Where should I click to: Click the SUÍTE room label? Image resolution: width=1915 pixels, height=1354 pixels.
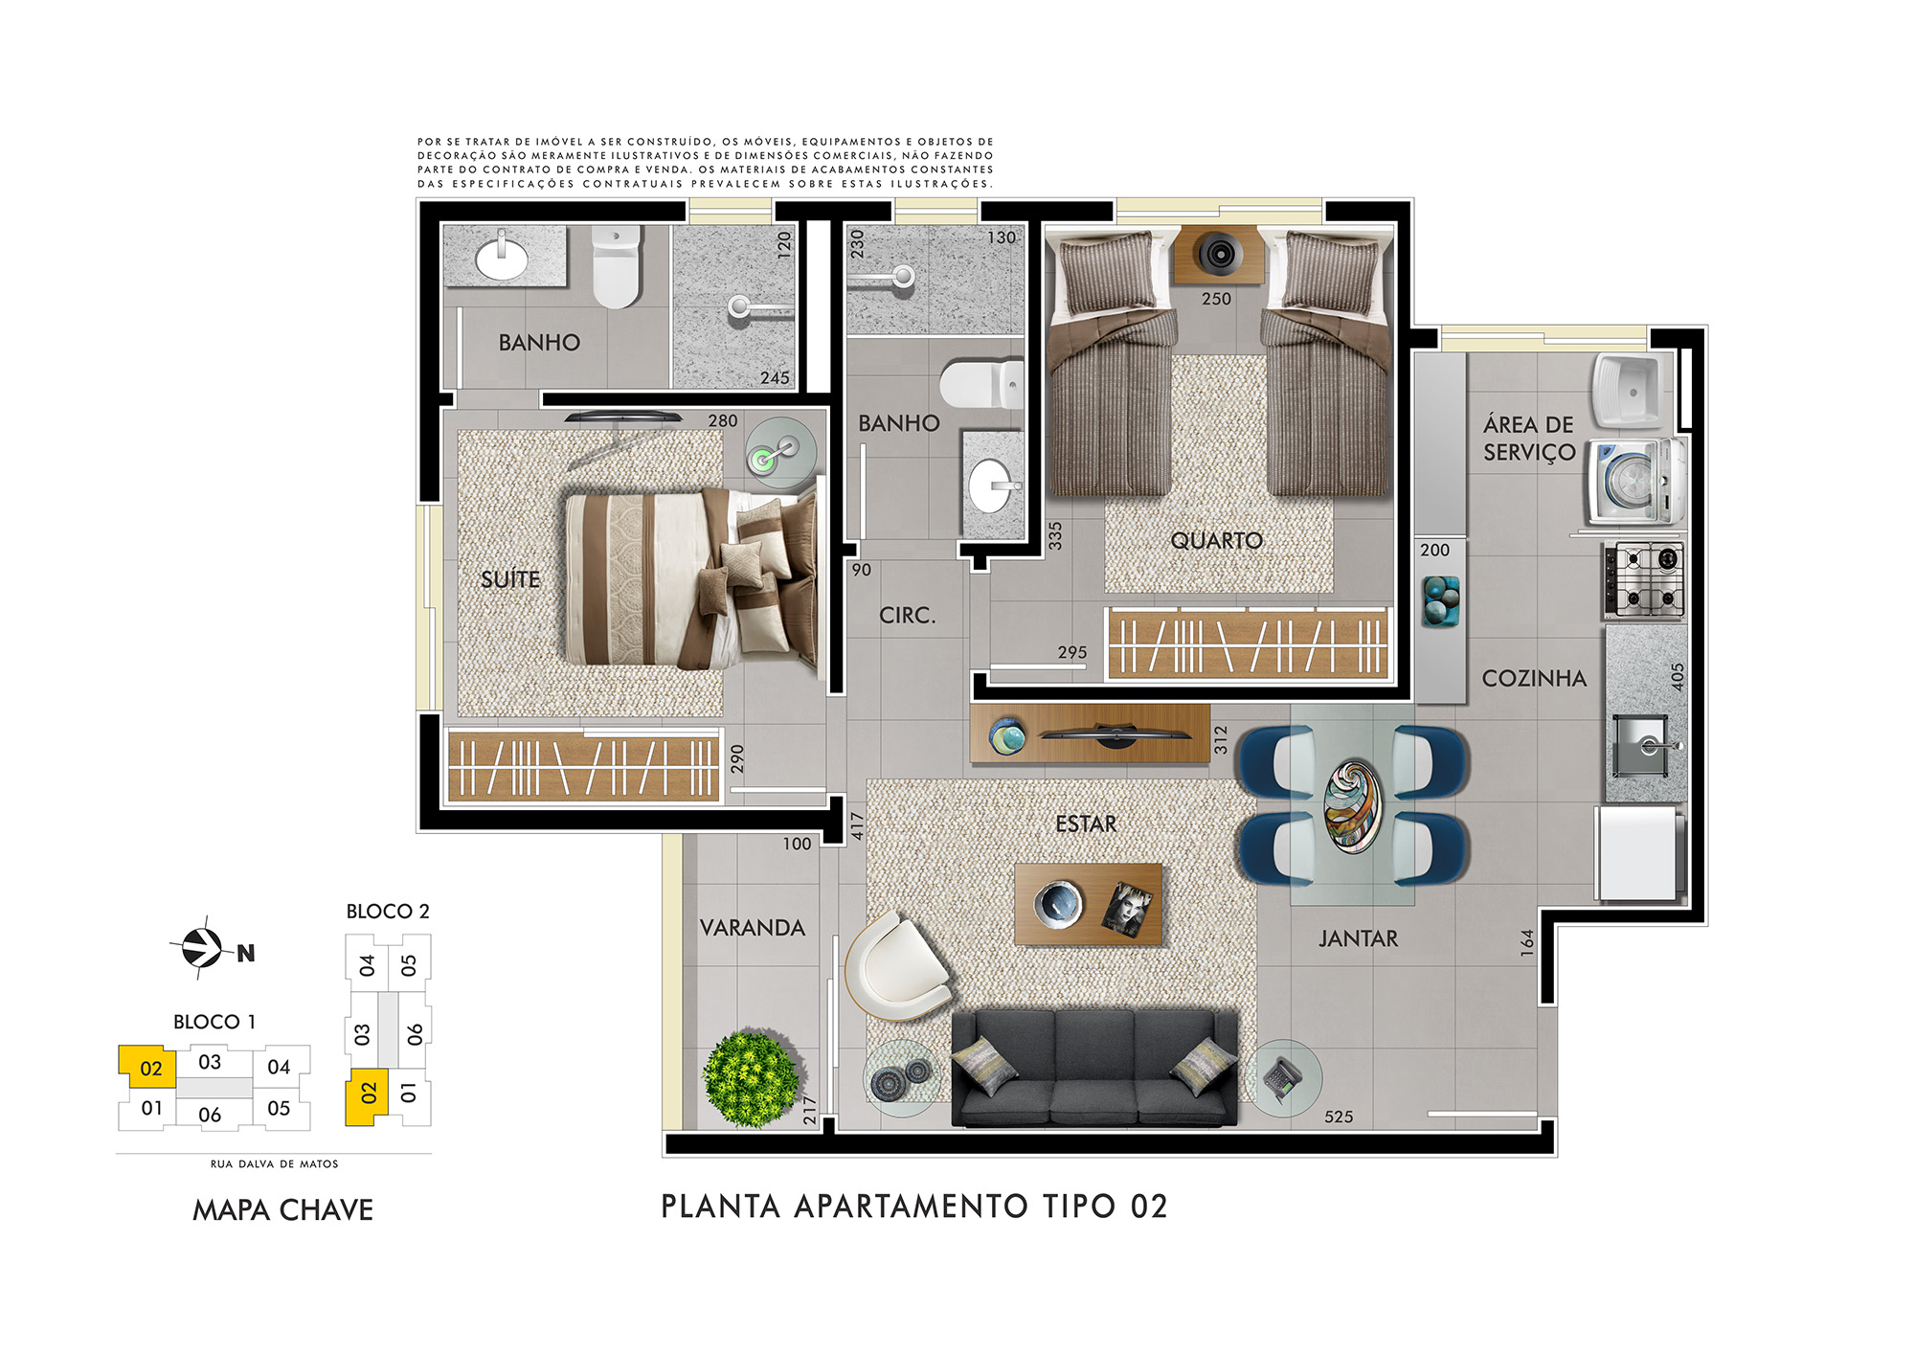(510, 579)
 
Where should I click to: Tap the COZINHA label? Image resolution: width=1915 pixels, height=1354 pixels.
(1534, 679)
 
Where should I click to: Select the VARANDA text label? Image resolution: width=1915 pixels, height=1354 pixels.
(753, 928)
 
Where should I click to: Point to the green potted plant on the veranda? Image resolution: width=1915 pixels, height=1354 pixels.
(751, 1079)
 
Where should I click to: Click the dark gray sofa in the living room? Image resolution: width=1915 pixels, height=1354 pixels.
(1094, 1067)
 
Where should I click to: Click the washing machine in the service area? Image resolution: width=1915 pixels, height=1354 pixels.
(1634, 481)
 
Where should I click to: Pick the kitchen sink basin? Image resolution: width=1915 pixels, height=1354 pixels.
(1643, 745)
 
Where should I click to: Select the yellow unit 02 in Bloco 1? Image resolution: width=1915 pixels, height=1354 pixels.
(148, 1067)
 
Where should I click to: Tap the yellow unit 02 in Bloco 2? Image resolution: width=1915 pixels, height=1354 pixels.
(367, 1097)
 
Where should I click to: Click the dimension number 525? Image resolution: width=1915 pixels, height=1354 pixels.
(1339, 1117)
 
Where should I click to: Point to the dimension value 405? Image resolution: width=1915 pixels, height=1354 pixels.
(1677, 677)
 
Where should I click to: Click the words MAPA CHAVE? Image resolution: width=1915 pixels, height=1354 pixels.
(283, 1210)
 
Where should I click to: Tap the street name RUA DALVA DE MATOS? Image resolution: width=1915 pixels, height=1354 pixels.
(275, 1164)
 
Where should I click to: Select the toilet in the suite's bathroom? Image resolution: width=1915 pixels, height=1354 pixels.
(616, 266)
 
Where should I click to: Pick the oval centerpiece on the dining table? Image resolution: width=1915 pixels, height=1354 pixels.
(1353, 804)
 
